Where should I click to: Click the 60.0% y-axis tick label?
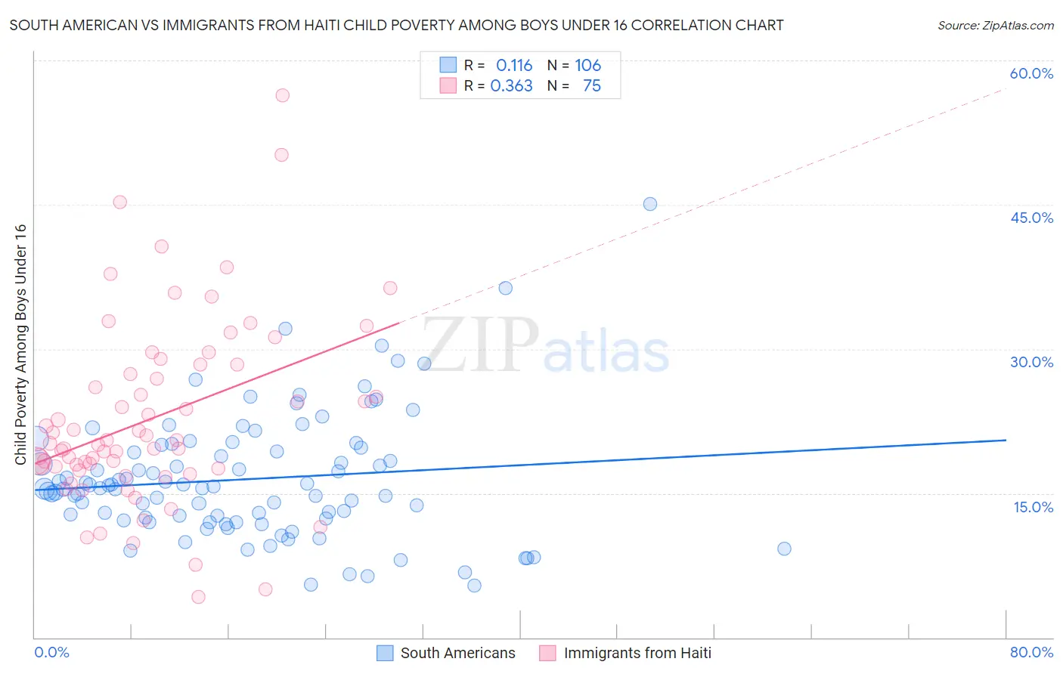(x=1031, y=73)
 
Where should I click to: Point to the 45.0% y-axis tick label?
(x=1031, y=218)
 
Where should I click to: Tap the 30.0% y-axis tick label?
(x=1031, y=362)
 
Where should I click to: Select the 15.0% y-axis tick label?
(x=1033, y=507)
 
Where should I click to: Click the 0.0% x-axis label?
(x=51, y=652)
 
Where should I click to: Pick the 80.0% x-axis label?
(x=1031, y=652)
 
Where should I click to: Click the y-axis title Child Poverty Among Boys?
(x=20, y=345)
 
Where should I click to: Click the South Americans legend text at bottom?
(x=457, y=653)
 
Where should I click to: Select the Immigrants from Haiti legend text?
(x=637, y=653)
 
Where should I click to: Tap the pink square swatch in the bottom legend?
(x=547, y=653)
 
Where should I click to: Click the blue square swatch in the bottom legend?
(x=385, y=653)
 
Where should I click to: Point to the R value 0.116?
(x=514, y=66)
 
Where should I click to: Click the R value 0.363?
(x=511, y=86)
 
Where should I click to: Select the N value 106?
(x=587, y=66)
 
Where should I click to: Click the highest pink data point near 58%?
(x=282, y=95)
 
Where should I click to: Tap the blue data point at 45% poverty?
(x=649, y=204)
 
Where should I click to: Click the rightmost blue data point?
(x=784, y=549)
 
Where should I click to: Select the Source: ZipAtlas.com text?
(x=995, y=26)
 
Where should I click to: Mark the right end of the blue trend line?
(x=1006, y=440)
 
